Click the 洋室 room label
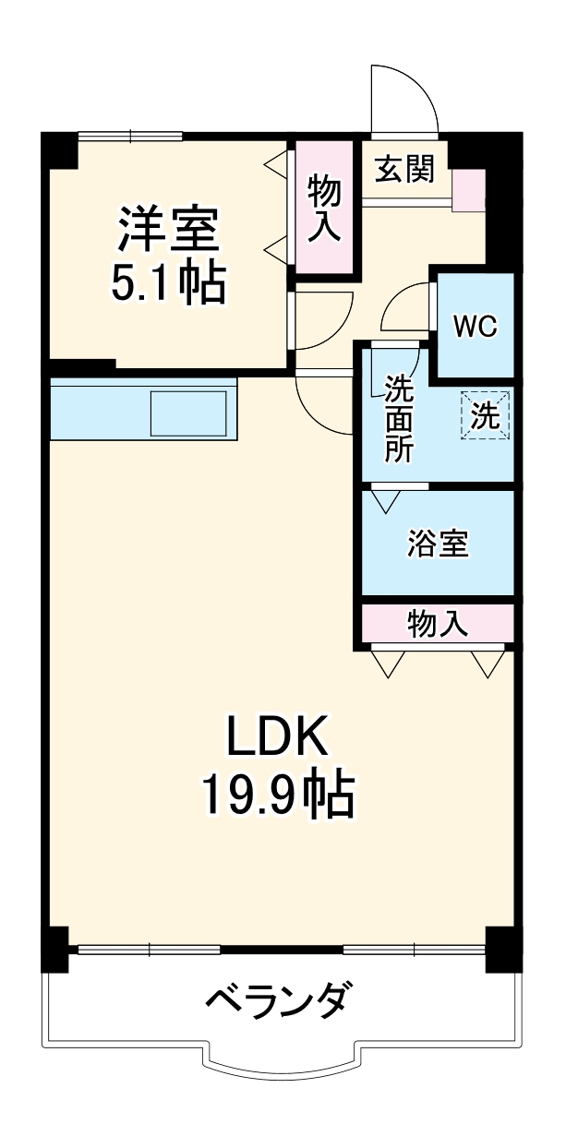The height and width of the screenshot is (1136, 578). [x=167, y=230]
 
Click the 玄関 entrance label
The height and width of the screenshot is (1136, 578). [x=403, y=169]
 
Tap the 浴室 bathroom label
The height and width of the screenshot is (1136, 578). [x=439, y=544]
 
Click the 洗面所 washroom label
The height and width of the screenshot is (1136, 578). [x=400, y=418]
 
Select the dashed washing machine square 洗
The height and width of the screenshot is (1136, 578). [x=485, y=414]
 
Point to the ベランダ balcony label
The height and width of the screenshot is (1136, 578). [x=278, y=1000]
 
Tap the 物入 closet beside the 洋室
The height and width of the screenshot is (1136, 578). [x=324, y=208]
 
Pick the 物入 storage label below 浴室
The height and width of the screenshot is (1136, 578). [x=438, y=625]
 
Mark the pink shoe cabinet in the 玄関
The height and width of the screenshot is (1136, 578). [x=469, y=190]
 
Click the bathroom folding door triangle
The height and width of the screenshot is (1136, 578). [x=386, y=500]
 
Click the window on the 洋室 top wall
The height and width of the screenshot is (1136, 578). [x=130, y=138]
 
